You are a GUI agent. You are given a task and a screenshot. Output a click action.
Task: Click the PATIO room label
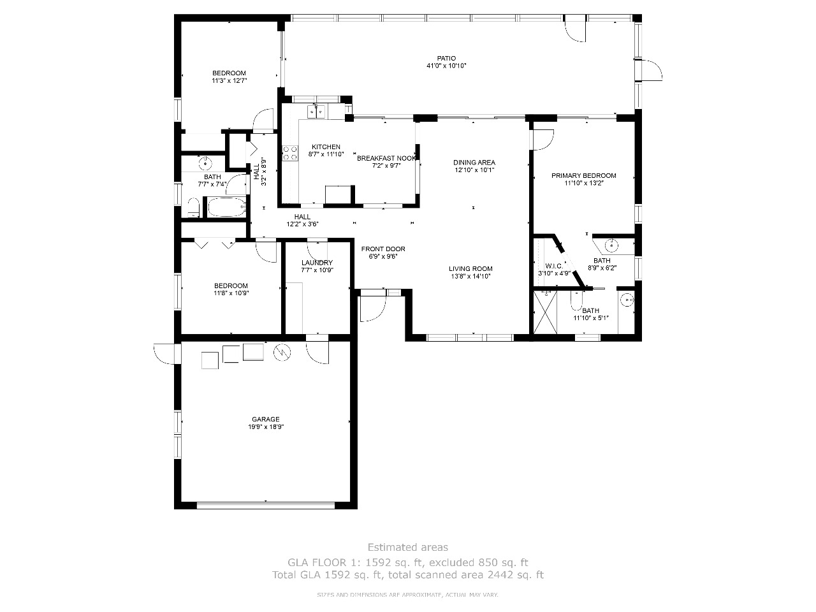tap(446, 59)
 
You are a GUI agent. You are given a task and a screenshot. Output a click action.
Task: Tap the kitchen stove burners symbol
tap(290, 153)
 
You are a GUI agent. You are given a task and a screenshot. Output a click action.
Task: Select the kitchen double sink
tap(316, 112)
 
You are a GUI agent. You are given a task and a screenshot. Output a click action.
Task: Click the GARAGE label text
tap(265, 419)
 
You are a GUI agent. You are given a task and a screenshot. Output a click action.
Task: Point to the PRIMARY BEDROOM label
tap(584, 176)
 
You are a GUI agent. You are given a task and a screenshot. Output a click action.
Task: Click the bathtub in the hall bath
tap(227, 207)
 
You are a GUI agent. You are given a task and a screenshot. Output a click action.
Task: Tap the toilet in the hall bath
tap(194, 207)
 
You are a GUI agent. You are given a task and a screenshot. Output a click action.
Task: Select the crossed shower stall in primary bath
tap(545, 312)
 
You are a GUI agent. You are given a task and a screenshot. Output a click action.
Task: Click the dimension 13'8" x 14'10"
tap(470, 277)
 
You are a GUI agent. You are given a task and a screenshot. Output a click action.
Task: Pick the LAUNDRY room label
tap(317, 263)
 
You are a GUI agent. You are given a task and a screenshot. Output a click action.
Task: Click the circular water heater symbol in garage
tap(282, 353)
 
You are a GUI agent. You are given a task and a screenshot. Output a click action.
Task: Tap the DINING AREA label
tap(474, 163)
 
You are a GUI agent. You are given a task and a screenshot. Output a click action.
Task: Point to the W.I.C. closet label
tap(554, 266)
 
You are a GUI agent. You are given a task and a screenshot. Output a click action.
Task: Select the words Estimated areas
tap(408, 548)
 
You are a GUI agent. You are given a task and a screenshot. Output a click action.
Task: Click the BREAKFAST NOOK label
tap(386, 158)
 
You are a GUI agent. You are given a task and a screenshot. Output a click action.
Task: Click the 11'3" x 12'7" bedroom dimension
tap(229, 80)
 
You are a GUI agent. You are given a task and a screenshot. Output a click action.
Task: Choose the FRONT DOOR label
tap(383, 249)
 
